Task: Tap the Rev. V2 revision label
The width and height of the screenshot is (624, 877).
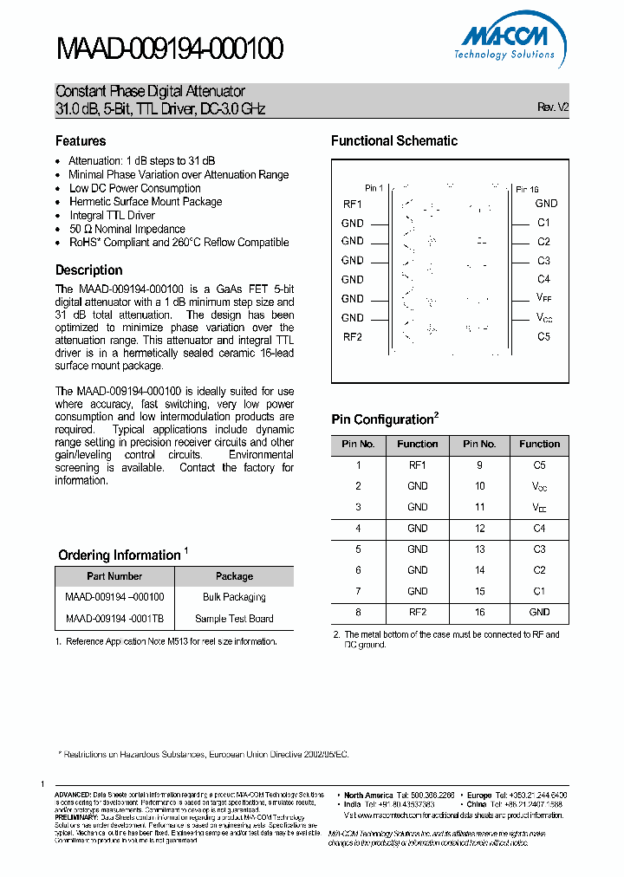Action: (552, 107)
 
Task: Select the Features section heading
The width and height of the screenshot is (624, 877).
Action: (81, 141)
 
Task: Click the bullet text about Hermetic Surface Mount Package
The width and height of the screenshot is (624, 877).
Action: (146, 202)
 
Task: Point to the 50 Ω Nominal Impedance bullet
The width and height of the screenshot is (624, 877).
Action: (127, 230)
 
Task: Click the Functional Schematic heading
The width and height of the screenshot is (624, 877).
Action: (394, 141)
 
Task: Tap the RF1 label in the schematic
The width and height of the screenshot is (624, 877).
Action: (353, 204)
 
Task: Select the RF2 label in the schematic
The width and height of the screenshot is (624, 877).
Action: (353, 337)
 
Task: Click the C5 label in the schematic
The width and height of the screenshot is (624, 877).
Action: (543, 337)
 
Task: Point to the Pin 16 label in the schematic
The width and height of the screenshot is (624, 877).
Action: (527, 189)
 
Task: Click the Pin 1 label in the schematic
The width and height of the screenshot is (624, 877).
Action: (374, 188)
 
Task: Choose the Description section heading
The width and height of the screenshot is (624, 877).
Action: (89, 270)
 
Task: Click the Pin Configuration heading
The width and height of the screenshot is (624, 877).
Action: (382, 420)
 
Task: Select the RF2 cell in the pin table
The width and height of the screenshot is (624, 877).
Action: (418, 612)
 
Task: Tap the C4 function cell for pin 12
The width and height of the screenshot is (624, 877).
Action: (539, 528)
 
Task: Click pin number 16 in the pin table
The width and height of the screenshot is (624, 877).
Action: (479, 612)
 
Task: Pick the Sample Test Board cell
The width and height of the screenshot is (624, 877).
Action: (234, 619)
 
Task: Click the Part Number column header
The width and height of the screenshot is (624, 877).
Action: (114, 576)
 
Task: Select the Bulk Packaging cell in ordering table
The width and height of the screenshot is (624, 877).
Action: (234, 597)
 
